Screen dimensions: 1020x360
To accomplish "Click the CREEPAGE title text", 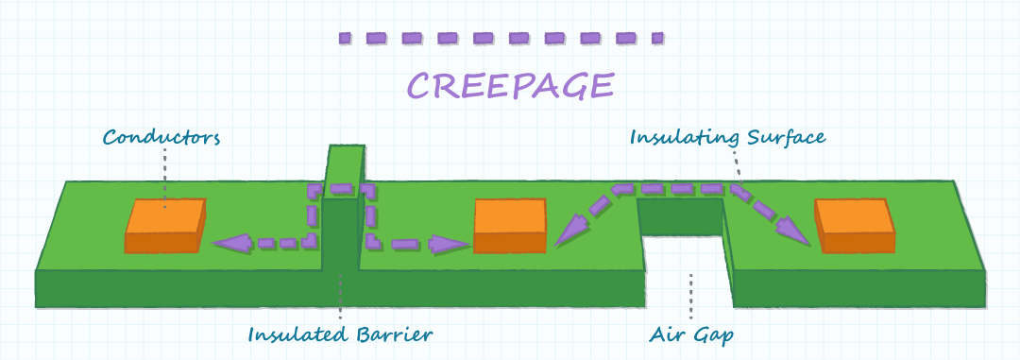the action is tap(510, 85).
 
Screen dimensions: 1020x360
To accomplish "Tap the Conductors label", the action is tap(161, 138).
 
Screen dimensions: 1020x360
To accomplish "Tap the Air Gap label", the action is tap(691, 334).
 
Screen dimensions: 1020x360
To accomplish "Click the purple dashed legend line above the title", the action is tap(501, 39).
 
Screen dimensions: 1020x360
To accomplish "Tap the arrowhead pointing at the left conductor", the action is tap(227, 244).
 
